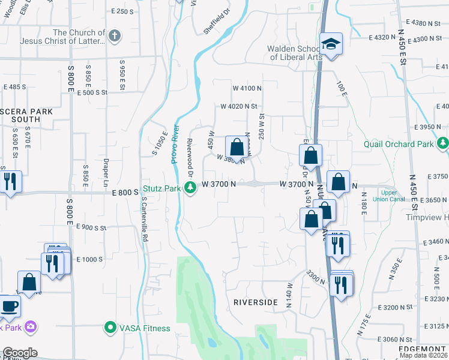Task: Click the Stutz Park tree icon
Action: pos(190,188)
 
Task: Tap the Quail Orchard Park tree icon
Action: pos(443,143)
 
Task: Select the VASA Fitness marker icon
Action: pos(110,328)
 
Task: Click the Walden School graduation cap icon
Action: pos(330,44)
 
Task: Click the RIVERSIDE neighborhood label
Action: pos(256,302)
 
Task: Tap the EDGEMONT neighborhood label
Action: pos(424,349)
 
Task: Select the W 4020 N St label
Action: pos(238,106)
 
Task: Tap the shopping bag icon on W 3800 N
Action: pos(237,147)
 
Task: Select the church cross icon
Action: pos(115,37)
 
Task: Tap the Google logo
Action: pos(20,353)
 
